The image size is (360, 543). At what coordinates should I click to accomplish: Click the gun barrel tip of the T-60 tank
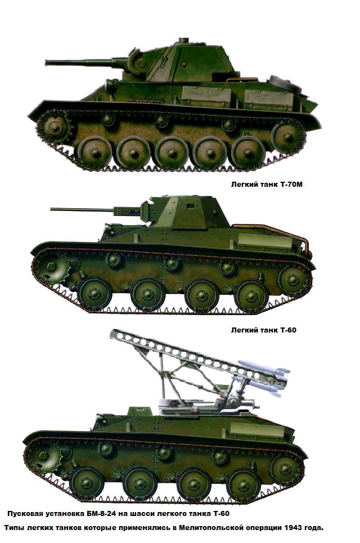point(52,209)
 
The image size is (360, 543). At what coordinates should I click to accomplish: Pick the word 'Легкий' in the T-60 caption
point(244,330)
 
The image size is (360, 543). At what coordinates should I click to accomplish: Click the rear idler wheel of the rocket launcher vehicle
point(286,470)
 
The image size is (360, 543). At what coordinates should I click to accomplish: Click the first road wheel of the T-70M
point(94,152)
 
